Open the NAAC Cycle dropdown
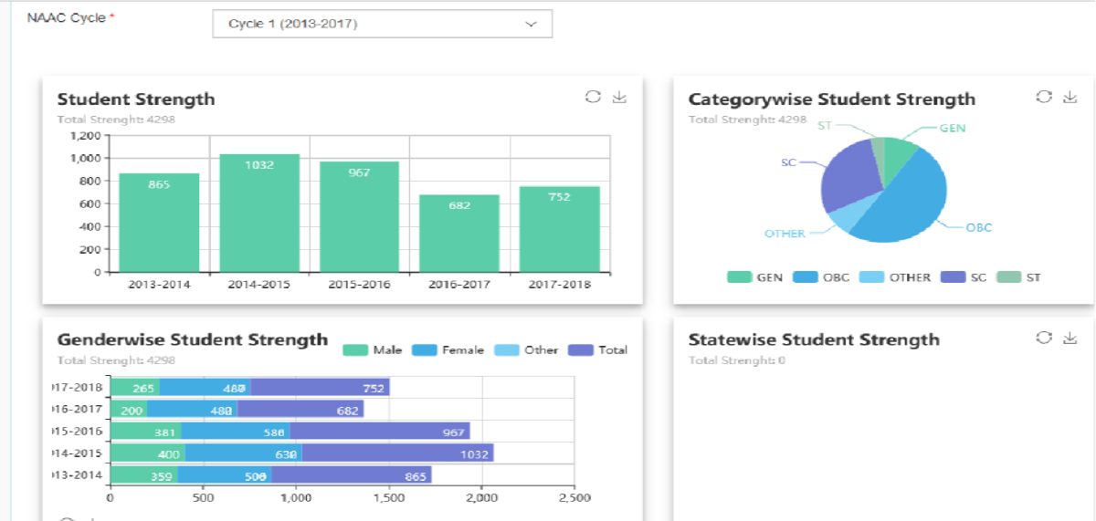[382, 24]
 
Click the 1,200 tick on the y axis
[84, 135]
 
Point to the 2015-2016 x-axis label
[359, 284]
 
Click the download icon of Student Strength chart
[620, 98]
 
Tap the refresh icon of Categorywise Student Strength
[1043, 98]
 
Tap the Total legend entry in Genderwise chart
[597, 349]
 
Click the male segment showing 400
[147, 453]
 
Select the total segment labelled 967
[379, 431]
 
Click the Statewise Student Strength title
[814, 339]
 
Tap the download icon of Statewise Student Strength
[1070, 339]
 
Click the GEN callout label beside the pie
[953, 129]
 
